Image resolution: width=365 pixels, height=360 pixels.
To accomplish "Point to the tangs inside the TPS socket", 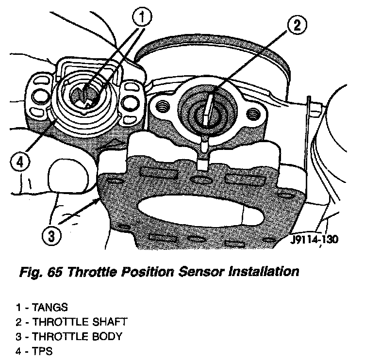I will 84,94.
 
